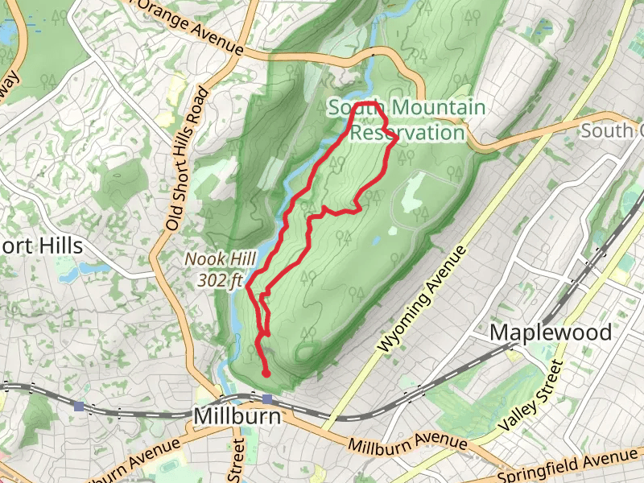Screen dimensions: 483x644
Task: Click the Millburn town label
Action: click(237, 417)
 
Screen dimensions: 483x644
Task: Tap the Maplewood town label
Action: click(551, 332)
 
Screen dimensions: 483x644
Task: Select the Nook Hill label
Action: click(220, 259)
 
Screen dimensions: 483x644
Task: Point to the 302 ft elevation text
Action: click(220, 280)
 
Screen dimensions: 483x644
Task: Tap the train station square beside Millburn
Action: click(266, 399)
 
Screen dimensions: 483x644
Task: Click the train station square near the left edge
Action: click(78, 407)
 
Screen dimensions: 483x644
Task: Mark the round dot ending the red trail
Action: click(266, 373)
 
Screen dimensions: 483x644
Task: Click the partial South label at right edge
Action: click(612, 130)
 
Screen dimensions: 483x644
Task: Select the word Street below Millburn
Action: click(237, 460)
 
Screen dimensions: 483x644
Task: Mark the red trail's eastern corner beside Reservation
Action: click(397, 140)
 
